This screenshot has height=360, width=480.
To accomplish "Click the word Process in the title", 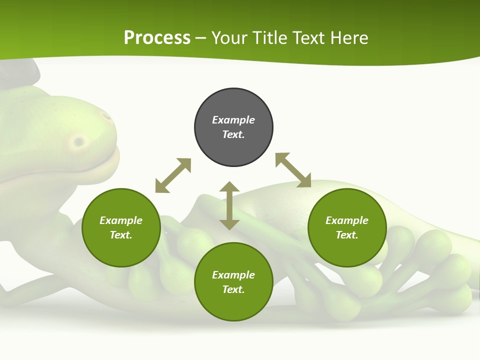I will pos(157,38).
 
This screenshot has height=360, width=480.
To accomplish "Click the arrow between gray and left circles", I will pos(173,175).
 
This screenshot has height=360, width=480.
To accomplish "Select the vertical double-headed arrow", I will pos(229,206).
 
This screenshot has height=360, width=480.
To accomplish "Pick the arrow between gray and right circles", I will pos(293,170).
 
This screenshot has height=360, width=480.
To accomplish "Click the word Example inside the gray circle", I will pos(233,120).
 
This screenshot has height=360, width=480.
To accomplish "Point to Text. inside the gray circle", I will pos(233,134).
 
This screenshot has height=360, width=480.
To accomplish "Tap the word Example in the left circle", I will pos(121,220).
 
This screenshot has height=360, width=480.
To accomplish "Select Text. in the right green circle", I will pos(347,235).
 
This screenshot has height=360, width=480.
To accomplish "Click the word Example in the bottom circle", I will pos(233,275).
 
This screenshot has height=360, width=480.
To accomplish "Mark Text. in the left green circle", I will pos(121,235).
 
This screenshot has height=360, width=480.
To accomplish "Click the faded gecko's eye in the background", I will pos(78,142).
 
